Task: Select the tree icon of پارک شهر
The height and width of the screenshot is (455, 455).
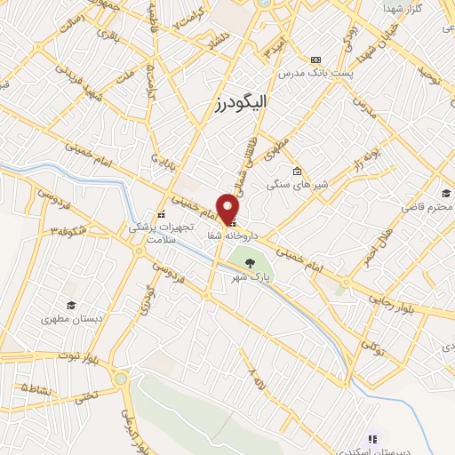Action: [251, 262]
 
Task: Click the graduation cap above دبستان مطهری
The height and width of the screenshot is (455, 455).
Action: [68, 303]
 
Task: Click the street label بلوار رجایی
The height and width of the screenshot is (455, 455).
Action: [425, 303]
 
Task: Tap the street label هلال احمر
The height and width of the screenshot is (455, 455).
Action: [376, 245]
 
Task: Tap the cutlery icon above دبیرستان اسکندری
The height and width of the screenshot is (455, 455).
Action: [372, 439]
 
